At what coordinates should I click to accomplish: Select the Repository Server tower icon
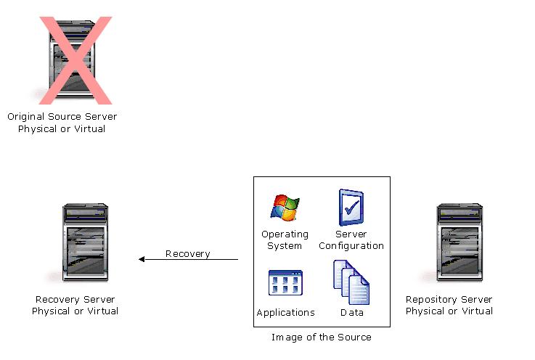coord(459,243)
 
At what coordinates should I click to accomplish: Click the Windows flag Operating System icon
coord(285,207)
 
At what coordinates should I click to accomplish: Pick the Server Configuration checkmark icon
coord(351,207)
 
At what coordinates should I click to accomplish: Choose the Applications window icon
coord(285,282)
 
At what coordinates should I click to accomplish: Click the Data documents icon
coord(351,282)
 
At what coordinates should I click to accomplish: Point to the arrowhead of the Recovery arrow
coord(142,259)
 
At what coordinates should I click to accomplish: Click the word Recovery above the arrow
coord(187,253)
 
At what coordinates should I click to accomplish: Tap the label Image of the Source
coord(321,337)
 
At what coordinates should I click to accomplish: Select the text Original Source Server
coord(62,116)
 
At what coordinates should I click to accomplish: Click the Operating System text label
coord(285,240)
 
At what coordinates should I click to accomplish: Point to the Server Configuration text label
coord(351,240)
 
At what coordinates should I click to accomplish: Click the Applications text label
coord(285,312)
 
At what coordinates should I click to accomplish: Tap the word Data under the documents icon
coord(351,312)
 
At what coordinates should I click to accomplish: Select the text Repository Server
coord(449,299)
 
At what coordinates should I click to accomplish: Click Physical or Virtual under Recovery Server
coord(75,311)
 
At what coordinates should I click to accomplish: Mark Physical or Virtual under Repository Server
coord(449,311)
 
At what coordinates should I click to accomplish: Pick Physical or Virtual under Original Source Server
coord(62,128)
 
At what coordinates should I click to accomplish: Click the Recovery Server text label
coord(75,299)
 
